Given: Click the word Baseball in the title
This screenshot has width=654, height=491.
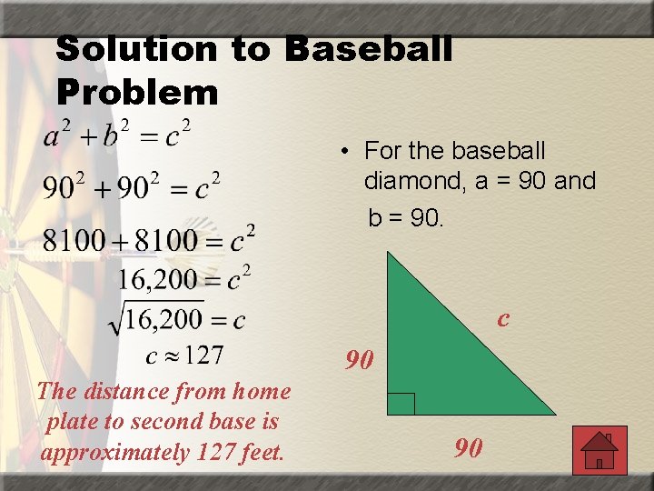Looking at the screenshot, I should (x=368, y=49).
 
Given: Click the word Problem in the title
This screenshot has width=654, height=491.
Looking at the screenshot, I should (x=137, y=91).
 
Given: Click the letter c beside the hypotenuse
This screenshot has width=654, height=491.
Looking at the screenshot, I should (x=502, y=318).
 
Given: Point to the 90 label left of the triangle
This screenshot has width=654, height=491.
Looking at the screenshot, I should (x=360, y=360).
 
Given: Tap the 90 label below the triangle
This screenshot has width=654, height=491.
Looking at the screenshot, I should (x=469, y=447).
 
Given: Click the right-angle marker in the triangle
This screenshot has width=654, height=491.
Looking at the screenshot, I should (x=401, y=404).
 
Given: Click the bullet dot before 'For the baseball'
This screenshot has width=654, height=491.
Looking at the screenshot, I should (x=347, y=151).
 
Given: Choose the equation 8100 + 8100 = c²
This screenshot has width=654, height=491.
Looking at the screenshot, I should (x=149, y=240).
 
